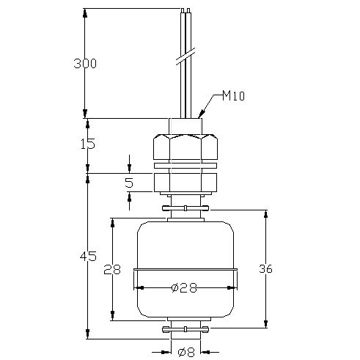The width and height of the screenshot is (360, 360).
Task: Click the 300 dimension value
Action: coord(85,64)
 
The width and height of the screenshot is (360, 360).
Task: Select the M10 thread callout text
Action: coord(233,95)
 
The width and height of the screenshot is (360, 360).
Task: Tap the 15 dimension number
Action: coord(88,144)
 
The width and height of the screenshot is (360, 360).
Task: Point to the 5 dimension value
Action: coord(129,183)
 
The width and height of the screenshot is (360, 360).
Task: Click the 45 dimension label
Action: coord(88,256)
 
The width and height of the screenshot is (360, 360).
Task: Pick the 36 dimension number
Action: coord(265,269)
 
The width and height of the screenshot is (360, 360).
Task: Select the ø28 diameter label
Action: coord(184,288)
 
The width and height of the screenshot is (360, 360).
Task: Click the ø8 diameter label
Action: coord(186,352)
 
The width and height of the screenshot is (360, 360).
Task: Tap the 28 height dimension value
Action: coord(112,269)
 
